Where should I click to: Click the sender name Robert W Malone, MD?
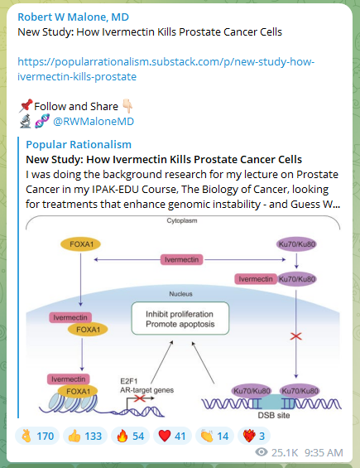point(73,17)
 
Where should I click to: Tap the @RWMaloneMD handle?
point(94,122)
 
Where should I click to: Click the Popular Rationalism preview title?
point(79,144)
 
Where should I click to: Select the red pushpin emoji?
point(26,106)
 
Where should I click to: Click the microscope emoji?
point(26,121)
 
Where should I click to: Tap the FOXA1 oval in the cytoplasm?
point(80,244)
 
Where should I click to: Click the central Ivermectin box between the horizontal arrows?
point(181,259)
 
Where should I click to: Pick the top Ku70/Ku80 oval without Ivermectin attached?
point(296,244)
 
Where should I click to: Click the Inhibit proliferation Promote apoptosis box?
point(180,318)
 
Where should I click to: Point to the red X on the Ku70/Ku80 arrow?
point(295,336)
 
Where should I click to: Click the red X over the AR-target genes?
point(139,398)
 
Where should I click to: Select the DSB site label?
point(273,415)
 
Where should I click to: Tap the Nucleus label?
point(180,294)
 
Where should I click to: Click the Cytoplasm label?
point(182,220)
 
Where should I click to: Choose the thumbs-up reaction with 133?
point(85,436)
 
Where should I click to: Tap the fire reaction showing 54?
point(130,436)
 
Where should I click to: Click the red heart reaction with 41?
point(172,436)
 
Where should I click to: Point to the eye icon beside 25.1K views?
point(262,452)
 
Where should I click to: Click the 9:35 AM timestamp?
point(324,452)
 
